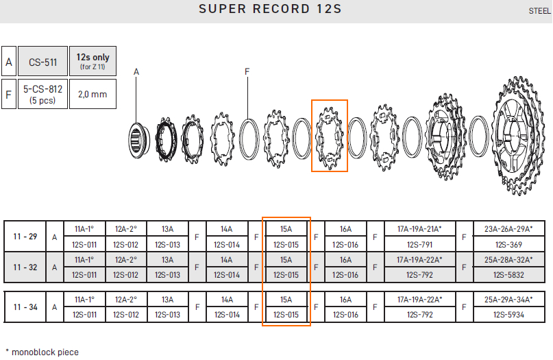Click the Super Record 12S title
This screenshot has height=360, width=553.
click(x=270, y=9)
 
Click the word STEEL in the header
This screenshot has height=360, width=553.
click(x=539, y=11)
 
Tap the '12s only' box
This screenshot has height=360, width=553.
click(x=93, y=61)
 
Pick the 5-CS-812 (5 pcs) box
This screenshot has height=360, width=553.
click(x=42, y=94)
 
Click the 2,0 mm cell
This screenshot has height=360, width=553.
click(x=93, y=94)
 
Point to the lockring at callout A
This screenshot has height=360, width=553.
click(x=138, y=140)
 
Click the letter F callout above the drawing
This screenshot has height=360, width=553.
click(x=247, y=71)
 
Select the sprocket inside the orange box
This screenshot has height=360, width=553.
click(x=330, y=138)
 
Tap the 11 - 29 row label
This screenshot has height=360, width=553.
click(x=25, y=237)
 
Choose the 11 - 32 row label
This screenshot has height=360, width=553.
click(x=25, y=267)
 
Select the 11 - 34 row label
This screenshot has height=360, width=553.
click(x=25, y=307)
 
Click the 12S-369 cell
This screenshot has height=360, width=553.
click(x=508, y=245)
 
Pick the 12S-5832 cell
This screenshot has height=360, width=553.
click(x=508, y=275)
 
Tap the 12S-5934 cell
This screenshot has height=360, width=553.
click(x=508, y=315)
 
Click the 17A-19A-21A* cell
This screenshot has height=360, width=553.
click(x=419, y=229)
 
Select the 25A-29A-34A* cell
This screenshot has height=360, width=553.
click(x=508, y=300)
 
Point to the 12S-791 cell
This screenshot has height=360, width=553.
click(x=419, y=245)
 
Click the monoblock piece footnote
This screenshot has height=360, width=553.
click(x=42, y=352)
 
